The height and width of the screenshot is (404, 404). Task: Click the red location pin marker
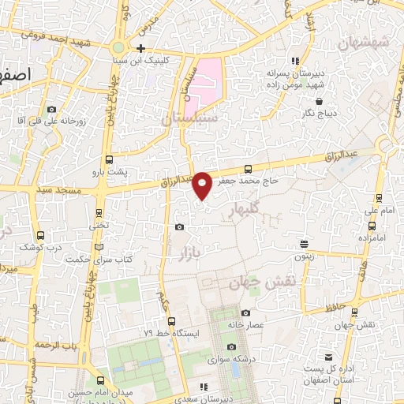203,184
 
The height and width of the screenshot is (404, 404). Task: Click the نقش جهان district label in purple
256,282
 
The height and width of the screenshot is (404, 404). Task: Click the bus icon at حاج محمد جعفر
249,168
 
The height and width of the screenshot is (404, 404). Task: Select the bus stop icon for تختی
99,212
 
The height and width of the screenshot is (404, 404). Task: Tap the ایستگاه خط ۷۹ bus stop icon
171,320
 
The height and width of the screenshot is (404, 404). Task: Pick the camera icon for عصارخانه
245,312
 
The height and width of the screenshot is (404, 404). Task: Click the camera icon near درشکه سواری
231,347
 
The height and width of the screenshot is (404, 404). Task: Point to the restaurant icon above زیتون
304,244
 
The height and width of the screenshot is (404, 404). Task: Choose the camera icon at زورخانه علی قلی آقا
52,109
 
